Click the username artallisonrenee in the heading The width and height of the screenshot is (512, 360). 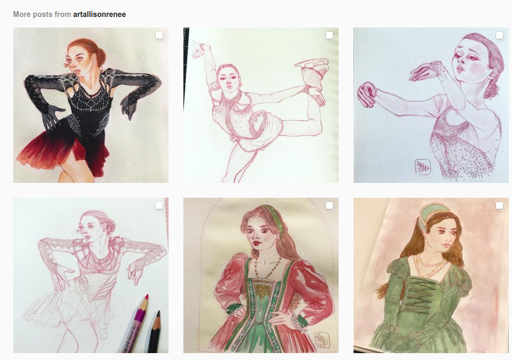[99, 14]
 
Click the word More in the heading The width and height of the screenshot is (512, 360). [22, 14]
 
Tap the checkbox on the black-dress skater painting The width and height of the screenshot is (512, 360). [160, 36]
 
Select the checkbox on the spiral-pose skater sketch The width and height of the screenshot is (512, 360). [330, 36]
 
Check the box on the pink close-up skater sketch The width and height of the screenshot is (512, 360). [500, 36]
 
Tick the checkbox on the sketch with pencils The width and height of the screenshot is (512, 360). [160, 206]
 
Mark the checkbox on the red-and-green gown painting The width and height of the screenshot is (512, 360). [330, 206]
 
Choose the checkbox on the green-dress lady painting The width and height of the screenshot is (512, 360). [500, 206]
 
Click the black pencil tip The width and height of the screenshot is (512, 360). [158, 314]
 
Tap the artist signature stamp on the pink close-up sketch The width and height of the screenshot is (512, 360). [423, 168]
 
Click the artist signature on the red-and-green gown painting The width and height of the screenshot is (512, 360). [322, 340]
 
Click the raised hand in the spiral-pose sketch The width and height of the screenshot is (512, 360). [199, 49]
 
